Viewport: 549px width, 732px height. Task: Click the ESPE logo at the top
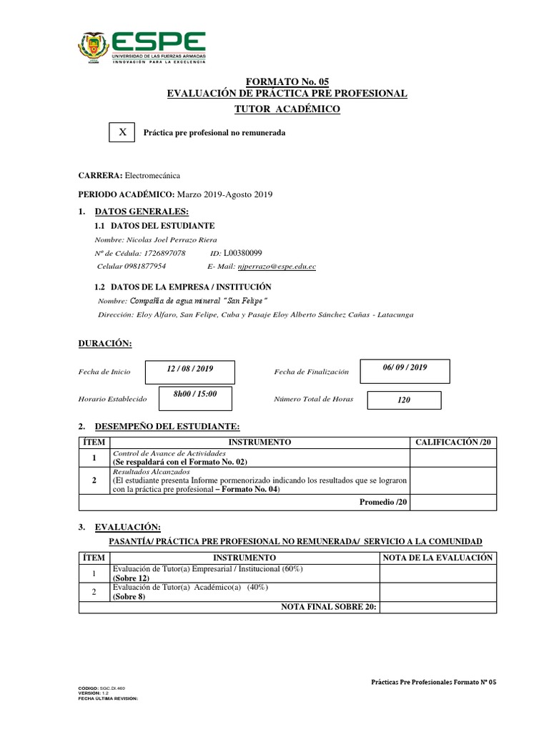(142, 47)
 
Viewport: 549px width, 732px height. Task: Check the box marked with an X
(123, 132)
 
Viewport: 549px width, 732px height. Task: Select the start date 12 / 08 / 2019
(189, 368)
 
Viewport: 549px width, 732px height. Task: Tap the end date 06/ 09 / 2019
(405, 367)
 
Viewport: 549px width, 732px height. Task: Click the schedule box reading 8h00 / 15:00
(194, 395)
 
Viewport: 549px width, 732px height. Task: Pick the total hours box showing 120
(404, 400)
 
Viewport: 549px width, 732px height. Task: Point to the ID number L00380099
(243, 253)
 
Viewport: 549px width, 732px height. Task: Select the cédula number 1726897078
(164, 253)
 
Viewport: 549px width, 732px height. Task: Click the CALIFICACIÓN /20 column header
(453, 443)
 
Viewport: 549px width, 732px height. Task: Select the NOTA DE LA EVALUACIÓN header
(438, 558)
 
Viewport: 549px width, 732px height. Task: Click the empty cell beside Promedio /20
(453, 503)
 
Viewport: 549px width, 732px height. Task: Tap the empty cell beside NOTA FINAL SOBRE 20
(438, 607)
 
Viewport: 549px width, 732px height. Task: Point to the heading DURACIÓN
(105, 344)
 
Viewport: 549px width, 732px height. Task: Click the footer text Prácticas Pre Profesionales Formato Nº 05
(434, 682)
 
